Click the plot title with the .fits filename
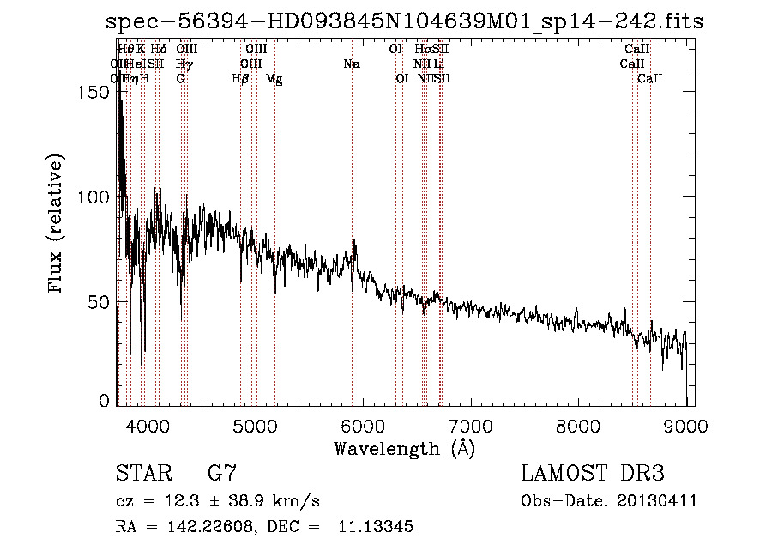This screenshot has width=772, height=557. pyautogui.click(x=404, y=21)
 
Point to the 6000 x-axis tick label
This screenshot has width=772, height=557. pyautogui.click(x=363, y=424)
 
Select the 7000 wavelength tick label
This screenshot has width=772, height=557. pyautogui.click(x=471, y=424)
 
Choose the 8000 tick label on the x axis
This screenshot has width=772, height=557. pyautogui.click(x=578, y=424)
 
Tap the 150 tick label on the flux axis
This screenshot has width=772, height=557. pyautogui.click(x=96, y=92)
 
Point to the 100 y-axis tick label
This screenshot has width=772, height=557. pyautogui.click(x=96, y=197)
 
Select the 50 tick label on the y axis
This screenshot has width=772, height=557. pyautogui.click(x=101, y=302)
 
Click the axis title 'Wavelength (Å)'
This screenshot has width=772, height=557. pyautogui.click(x=404, y=448)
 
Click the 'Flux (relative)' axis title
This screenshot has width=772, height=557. pyautogui.click(x=57, y=226)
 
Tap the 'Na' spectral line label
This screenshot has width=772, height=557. pyautogui.click(x=351, y=64)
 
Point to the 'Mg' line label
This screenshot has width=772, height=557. pyautogui.click(x=274, y=79)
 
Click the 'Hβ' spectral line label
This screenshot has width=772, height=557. pyautogui.click(x=241, y=79)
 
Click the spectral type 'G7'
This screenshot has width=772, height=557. pyautogui.click(x=222, y=473)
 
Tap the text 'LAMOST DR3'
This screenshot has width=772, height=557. pyautogui.click(x=592, y=473)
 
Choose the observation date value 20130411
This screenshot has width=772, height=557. pyautogui.click(x=658, y=501)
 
